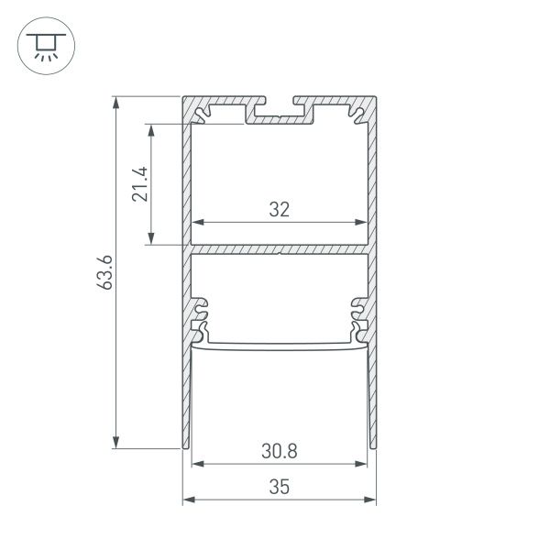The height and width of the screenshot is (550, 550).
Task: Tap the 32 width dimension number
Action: [x=279, y=210]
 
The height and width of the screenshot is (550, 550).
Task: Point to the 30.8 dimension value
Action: [x=279, y=451]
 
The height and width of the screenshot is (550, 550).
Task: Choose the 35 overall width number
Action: [x=279, y=488]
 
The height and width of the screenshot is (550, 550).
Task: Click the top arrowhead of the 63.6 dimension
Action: [x=116, y=102]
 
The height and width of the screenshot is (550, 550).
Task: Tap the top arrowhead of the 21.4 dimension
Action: [x=151, y=129]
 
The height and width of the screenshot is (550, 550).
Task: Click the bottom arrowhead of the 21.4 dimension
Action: [x=151, y=239]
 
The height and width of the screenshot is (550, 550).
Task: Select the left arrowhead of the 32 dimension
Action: [x=196, y=223]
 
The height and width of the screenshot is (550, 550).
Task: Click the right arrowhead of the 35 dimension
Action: [x=371, y=500]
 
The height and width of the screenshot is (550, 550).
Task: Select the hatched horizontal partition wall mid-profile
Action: [x=279, y=248]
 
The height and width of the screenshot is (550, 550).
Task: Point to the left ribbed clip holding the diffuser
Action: [x=200, y=316]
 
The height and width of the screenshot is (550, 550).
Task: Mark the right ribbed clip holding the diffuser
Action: [x=357, y=316]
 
